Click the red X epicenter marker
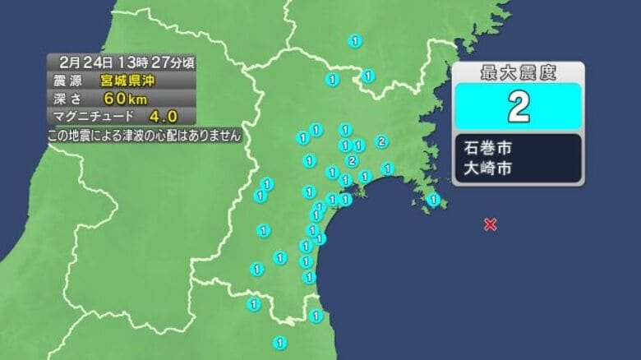(x=490, y=224)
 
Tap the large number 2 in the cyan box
(x=518, y=107)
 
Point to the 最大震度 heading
(x=518, y=73)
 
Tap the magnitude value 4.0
(x=162, y=117)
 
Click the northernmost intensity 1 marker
(x=355, y=40)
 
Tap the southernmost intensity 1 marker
(x=279, y=342)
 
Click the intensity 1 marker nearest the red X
(x=434, y=198)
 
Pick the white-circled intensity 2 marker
(x=352, y=159)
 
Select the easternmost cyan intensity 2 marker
(x=381, y=141)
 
